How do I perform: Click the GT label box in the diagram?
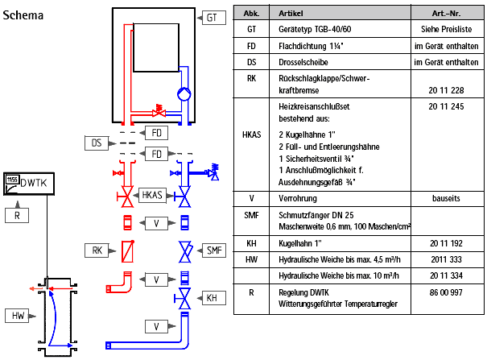(212, 17)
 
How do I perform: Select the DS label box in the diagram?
(96, 143)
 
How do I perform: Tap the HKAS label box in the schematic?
(152, 194)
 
